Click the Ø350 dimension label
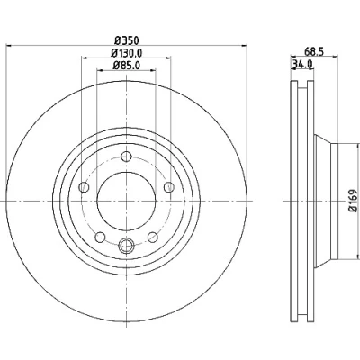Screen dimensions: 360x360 coord(127,40)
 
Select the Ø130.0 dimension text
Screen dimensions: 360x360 coord(126,53)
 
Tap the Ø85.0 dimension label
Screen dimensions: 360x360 coord(127,66)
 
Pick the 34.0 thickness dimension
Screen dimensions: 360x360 coord(302,64)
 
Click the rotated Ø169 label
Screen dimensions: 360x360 coord(354,201)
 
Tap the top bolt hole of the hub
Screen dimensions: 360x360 coord(126,157)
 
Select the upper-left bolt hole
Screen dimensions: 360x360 coord(84,187)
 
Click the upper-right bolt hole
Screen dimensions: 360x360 coord(169,187)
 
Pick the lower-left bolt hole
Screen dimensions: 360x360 coord(100,238)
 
